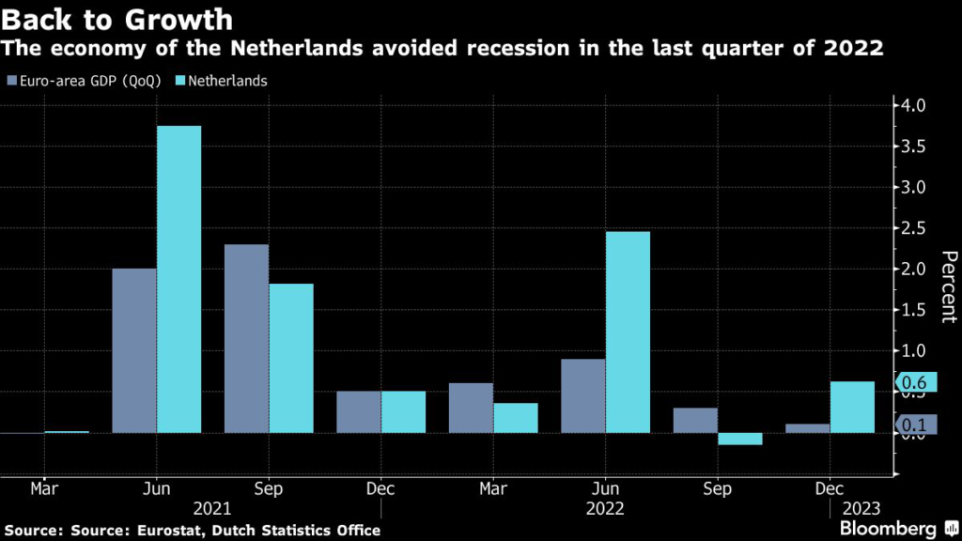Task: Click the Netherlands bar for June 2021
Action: [178, 279]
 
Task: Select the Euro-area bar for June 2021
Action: [134, 350]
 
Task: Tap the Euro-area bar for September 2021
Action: [246, 338]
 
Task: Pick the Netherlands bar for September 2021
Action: [291, 358]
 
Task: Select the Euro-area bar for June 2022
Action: [582, 395]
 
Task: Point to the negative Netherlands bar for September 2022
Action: [739, 439]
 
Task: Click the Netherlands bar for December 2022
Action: [852, 407]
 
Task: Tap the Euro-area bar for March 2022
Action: [471, 408]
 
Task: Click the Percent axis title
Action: [949, 286]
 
